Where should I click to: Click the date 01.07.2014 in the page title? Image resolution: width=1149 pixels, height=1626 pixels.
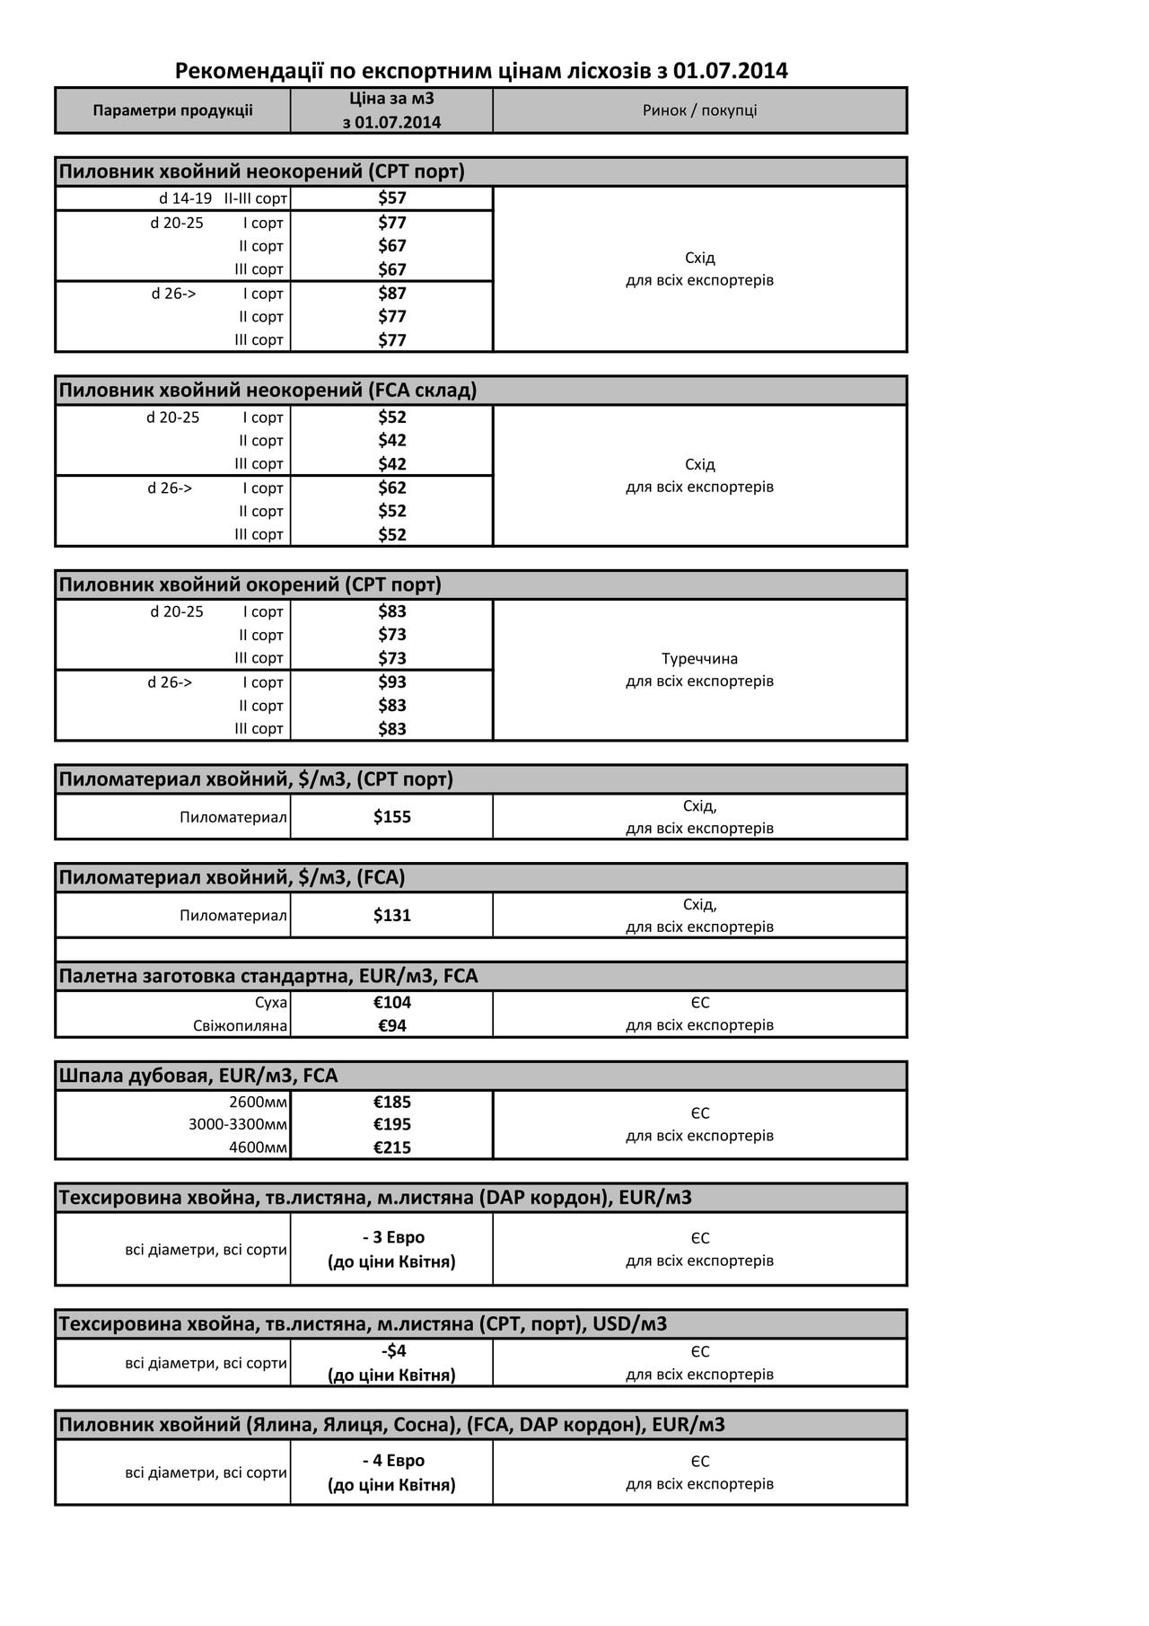point(731,71)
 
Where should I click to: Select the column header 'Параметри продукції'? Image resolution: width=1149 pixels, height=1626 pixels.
point(172,110)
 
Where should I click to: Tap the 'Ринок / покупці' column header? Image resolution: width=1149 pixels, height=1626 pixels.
point(699,110)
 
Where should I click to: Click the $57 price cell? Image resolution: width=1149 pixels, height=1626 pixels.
point(392,198)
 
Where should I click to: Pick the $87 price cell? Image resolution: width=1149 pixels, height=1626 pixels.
point(392,293)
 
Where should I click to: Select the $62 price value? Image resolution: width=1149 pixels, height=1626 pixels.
point(392,488)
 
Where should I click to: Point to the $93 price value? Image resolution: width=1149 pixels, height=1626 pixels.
point(392,681)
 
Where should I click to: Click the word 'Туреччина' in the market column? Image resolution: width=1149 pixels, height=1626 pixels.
point(699,658)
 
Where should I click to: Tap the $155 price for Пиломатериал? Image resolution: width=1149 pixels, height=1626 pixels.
point(392,816)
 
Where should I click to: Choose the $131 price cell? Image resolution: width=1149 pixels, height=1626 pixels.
point(392,915)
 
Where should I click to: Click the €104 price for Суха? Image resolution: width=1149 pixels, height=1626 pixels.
point(392,1002)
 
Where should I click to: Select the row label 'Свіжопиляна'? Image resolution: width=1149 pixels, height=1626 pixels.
point(240,1025)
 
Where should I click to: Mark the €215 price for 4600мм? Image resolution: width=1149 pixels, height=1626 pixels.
point(392,1147)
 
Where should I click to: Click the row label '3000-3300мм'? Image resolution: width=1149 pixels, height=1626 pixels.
point(238,1124)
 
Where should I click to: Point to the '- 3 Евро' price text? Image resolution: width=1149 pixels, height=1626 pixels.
point(392,1237)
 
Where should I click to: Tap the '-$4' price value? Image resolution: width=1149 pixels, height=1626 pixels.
point(392,1350)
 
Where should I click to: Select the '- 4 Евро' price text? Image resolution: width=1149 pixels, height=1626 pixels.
point(392,1461)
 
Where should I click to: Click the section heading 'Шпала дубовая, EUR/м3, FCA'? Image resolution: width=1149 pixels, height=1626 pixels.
point(198,1076)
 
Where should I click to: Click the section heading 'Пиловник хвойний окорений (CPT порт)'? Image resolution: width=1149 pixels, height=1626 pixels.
point(250,584)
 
